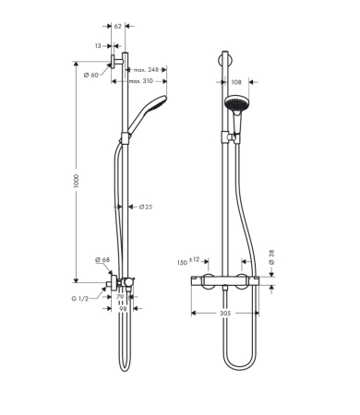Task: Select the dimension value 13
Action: tap(98, 44)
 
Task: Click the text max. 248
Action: tap(147, 70)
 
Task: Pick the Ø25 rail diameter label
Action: tap(146, 207)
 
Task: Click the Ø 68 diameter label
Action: tap(101, 261)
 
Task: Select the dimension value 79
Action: tap(120, 297)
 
